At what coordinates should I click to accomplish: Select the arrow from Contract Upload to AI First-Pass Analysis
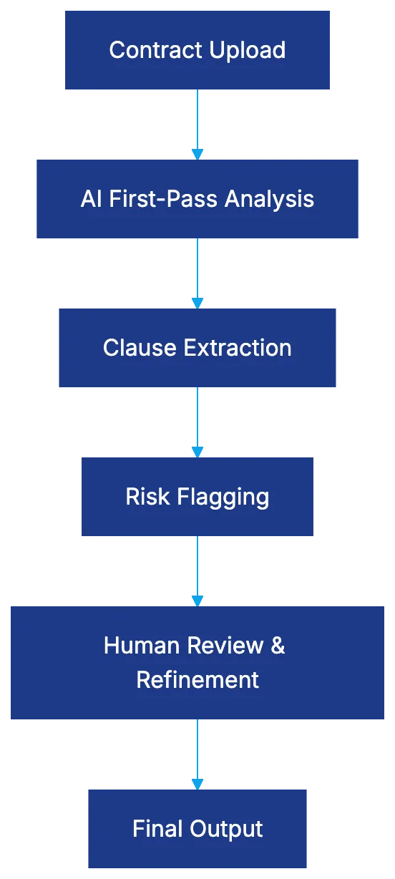(x=197, y=123)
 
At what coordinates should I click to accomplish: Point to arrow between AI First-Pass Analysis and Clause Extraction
(x=197, y=272)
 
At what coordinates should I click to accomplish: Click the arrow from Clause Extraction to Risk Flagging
(x=197, y=421)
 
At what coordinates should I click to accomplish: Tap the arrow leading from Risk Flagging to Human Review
(x=197, y=570)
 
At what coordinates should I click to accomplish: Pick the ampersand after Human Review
(x=278, y=646)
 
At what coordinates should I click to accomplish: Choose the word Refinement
(x=197, y=679)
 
